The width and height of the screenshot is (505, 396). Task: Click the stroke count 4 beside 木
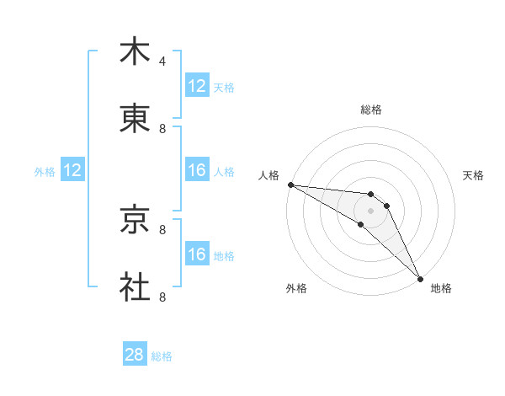pyautogui.click(x=162, y=62)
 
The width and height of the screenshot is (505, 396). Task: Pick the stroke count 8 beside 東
pyautogui.click(x=162, y=129)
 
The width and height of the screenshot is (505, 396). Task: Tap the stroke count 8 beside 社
pyautogui.click(x=162, y=297)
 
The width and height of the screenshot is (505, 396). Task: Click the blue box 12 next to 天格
pyautogui.click(x=197, y=86)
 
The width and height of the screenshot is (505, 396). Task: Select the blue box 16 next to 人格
pyautogui.click(x=197, y=170)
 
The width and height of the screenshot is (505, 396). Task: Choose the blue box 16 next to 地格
pyautogui.click(x=197, y=254)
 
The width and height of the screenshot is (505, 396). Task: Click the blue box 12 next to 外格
pyautogui.click(x=72, y=170)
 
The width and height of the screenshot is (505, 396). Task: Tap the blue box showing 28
pyautogui.click(x=135, y=355)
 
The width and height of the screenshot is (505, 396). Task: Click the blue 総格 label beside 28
pyautogui.click(x=162, y=356)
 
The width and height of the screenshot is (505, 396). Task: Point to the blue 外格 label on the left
pyautogui.click(x=45, y=171)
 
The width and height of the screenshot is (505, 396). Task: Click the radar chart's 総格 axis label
pyautogui.click(x=370, y=110)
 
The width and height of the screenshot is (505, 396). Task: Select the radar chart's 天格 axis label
pyautogui.click(x=474, y=175)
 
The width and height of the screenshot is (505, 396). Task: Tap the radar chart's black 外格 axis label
pyautogui.click(x=295, y=288)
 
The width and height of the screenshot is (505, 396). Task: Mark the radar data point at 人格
pyautogui.click(x=290, y=185)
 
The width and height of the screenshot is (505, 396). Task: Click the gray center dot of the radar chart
pyautogui.click(x=370, y=211)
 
